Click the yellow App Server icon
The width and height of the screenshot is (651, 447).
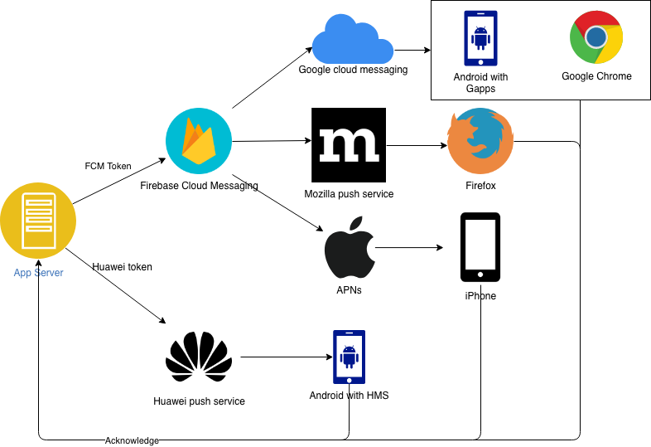point(38,221)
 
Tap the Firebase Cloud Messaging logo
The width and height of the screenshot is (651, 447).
point(199,141)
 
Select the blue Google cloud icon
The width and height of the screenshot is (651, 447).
point(353,39)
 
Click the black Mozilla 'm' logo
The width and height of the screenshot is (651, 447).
point(349,145)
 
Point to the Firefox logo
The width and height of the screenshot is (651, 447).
point(480,141)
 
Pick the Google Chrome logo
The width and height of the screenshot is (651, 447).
point(596,37)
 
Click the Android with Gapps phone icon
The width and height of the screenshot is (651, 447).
point(480,38)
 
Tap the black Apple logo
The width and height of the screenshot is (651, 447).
point(350,247)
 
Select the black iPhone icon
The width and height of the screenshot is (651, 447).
point(480,247)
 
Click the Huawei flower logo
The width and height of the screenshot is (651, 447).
point(199,357)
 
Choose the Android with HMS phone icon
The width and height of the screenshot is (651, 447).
point(350,357)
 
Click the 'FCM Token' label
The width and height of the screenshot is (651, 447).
point(108,167)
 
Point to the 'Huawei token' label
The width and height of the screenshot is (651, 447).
point(122,267)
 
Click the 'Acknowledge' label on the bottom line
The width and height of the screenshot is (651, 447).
point(132,440)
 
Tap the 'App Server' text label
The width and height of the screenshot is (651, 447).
point(38,273)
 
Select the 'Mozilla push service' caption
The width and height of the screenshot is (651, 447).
point(349,194)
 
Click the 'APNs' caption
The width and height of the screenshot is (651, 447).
point(349,289)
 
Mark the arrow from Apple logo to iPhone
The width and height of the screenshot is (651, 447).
point(409,247)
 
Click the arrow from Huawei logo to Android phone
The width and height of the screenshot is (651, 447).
point(287,357)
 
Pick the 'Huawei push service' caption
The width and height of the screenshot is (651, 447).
point(199,401)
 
